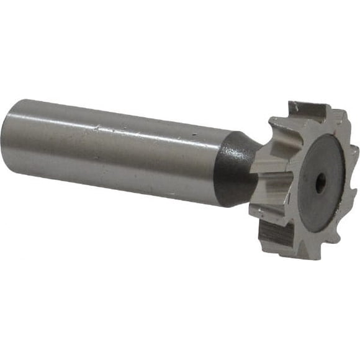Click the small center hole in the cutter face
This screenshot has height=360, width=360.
click(320, 182)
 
